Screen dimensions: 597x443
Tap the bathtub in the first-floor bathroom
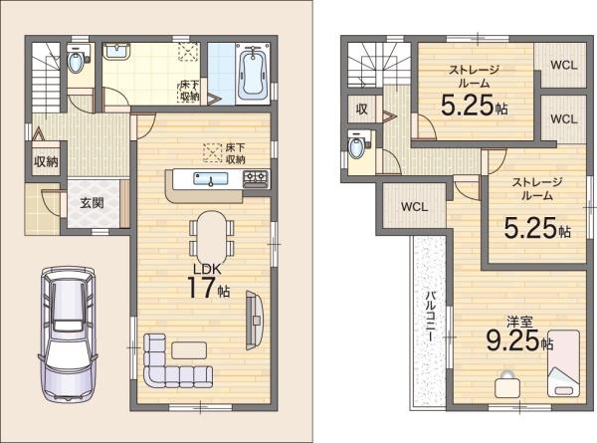tap(253, 73)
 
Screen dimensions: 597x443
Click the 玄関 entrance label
tap(92, 203)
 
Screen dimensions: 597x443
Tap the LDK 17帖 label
tap(208, 281)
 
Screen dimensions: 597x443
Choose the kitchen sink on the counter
tap(210, 178)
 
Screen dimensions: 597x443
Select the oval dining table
tap(211, 237)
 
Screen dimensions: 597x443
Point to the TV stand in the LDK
tap(255, 320)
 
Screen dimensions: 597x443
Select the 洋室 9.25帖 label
tap(519, 335)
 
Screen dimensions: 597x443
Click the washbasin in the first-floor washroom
tap(116, 52)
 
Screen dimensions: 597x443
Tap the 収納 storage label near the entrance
tap(46, 162)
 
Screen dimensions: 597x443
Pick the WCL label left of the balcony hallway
tap(415, 207)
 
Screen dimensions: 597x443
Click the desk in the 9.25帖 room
tap(507, 384)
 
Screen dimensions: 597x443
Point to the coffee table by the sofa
tap(189, 350)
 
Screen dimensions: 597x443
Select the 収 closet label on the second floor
tap(362, 110)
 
